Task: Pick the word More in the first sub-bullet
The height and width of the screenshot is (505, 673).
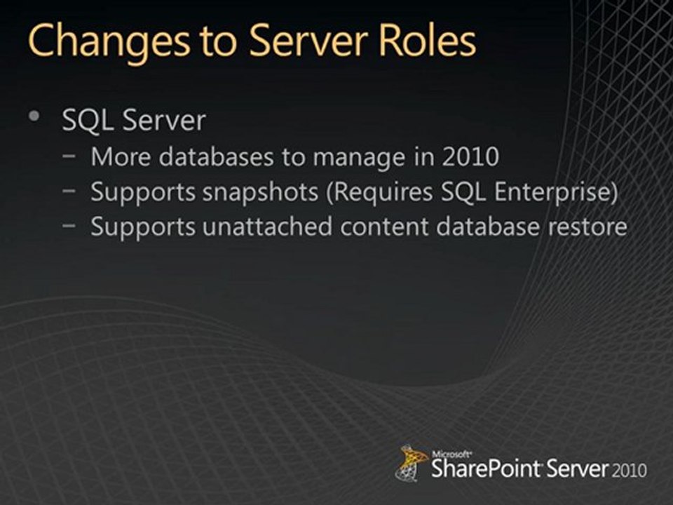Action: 121,157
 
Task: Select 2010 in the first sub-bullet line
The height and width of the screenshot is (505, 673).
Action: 470,157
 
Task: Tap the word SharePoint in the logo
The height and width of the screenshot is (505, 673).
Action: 476,468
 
